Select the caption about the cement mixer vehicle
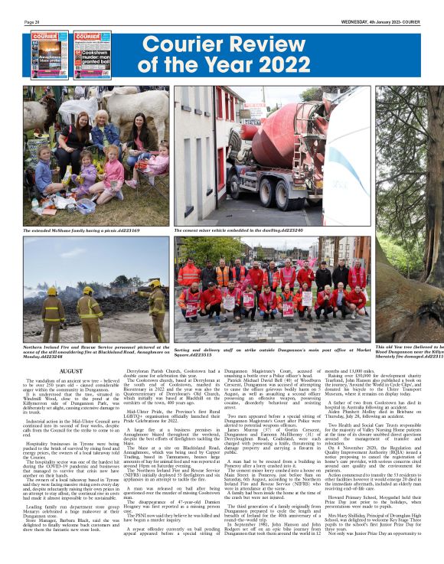click(239, 230)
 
